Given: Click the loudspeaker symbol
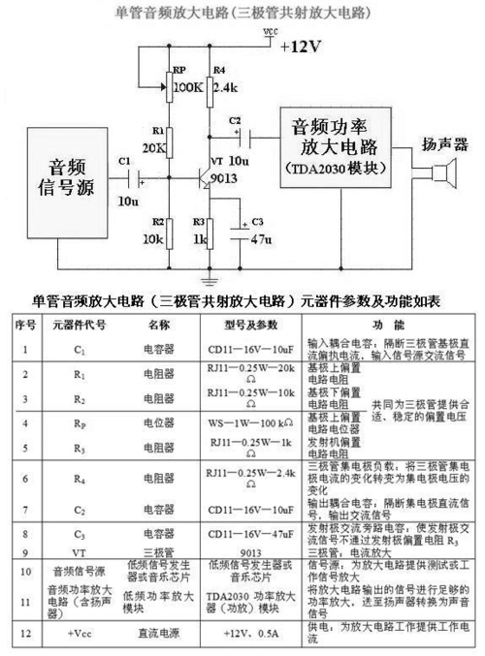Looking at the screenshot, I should tap(445, 178).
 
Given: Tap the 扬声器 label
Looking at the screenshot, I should tap(444, 145).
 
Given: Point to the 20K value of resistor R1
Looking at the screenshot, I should tap(153, 147).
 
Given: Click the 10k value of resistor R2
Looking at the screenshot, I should tap(152, 237).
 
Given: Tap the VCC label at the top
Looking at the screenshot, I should tap(270, 32).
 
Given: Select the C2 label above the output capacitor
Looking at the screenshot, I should tap(235, 119).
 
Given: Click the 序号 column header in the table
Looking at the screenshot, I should tap(25, 325).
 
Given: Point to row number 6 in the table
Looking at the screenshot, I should tap(25, 478).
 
